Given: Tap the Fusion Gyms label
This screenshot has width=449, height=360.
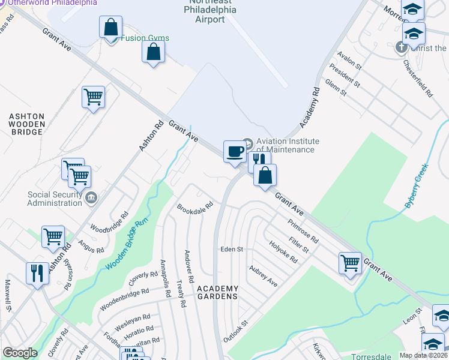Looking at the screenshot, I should [145, 38].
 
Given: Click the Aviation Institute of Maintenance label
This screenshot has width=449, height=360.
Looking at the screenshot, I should [285, 145].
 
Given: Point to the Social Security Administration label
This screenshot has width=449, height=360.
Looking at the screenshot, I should [55, 199].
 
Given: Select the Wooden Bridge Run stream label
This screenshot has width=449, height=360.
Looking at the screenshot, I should [126, 245].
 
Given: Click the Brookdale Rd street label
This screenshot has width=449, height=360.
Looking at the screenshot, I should [195, 208].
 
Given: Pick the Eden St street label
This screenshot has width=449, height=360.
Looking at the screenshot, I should [231, 249].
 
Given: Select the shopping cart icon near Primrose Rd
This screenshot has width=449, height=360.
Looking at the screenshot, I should [350, 262].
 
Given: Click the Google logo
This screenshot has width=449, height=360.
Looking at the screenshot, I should [20, 353].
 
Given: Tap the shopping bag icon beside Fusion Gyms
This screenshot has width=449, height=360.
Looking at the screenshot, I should [111, 27].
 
